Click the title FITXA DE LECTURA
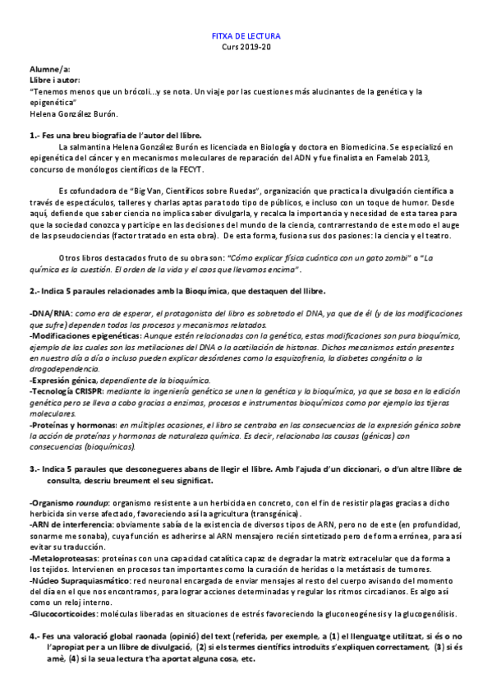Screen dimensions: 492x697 pyautogui.click(x=246, y=37)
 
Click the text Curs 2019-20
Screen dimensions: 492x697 pyautogui.click(x=246, y=48)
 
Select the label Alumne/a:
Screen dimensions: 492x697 pyautogui.click(x=49, y=71)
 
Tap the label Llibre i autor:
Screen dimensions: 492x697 pyautogui.click(x=56, y=81)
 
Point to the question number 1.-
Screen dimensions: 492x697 pyautogui.click(x=35, y=135)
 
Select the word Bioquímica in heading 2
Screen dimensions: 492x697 pyautogui.click(x=205, y=291)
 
